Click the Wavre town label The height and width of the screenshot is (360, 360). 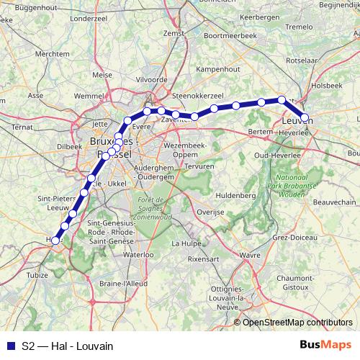249,254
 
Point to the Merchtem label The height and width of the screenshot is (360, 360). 47,54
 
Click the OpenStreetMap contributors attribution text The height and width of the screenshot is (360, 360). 297,323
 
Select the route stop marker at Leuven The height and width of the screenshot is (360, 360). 305,117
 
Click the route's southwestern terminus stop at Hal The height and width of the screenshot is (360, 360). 55,240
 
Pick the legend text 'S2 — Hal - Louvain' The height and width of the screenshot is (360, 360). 68,346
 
